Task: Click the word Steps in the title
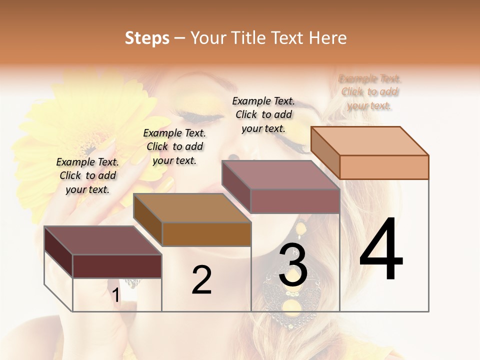(x=147, y=38)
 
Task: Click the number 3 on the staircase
(x=293, y=265)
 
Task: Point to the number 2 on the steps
(x=201, y=280)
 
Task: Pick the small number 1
(x=116, y=295)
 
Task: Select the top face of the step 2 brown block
(x=192, y=208)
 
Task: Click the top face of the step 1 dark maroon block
(x=103, y=240)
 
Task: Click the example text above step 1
(x=88, y=175)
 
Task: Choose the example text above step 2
(x=174, y=146)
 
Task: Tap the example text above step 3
(x=263, y=114)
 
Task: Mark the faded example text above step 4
(x=370, y=92)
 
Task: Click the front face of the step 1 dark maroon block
(x=117, y=266)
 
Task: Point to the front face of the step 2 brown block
(x=206, y=233)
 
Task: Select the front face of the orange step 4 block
(x=384, y=167)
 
